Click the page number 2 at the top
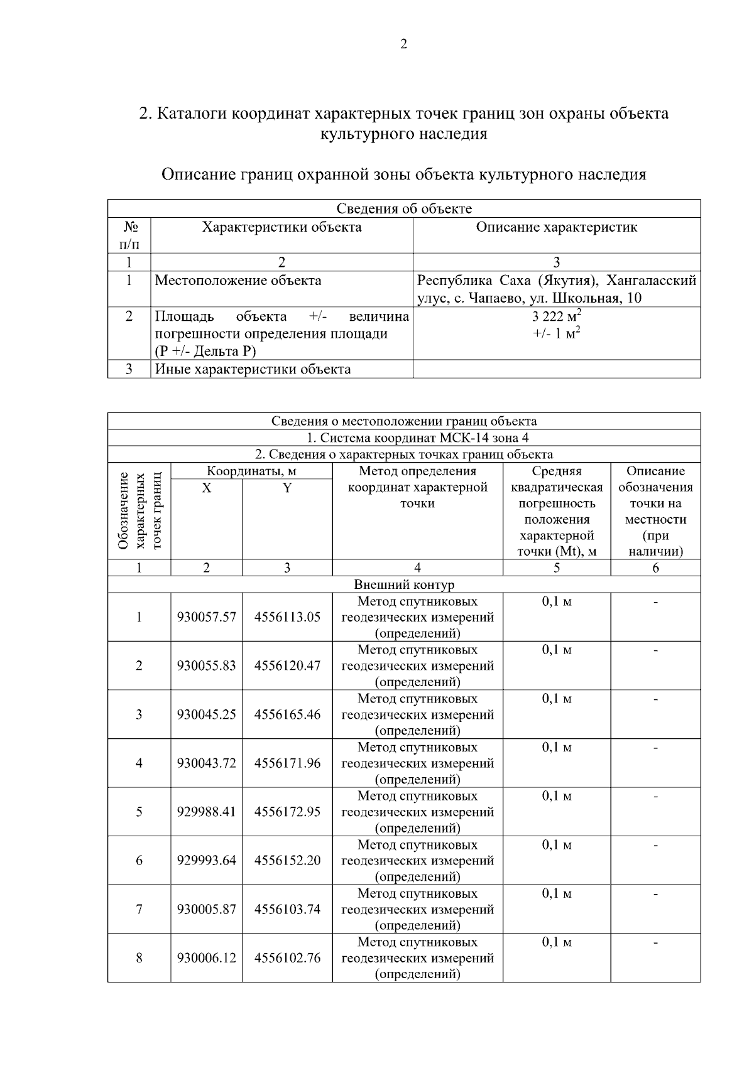(x=403, y=44)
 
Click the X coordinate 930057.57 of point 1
(x=206, y=617)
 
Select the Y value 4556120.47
(x=287, y=665)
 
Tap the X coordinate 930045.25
(x=206, y=714)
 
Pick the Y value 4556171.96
(x=287, y=763)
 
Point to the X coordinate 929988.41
(x=206, y=812)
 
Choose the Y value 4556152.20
(x=287, y=860)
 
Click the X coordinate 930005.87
(x=206, y=909)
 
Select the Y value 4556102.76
(x=287, y=958)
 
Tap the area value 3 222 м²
(x=556, y=316)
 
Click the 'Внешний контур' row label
(x=403, y=585)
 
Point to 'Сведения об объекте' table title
(x=403, y=209)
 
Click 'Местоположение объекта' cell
(x=238, y=281)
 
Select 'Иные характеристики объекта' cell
(x=253, y=369)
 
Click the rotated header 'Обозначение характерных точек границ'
(x=139, y=510)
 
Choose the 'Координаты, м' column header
(x=251, y=471)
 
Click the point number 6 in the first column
(x=139, y=860)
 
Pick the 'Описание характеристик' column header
(x=556, y=227)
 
